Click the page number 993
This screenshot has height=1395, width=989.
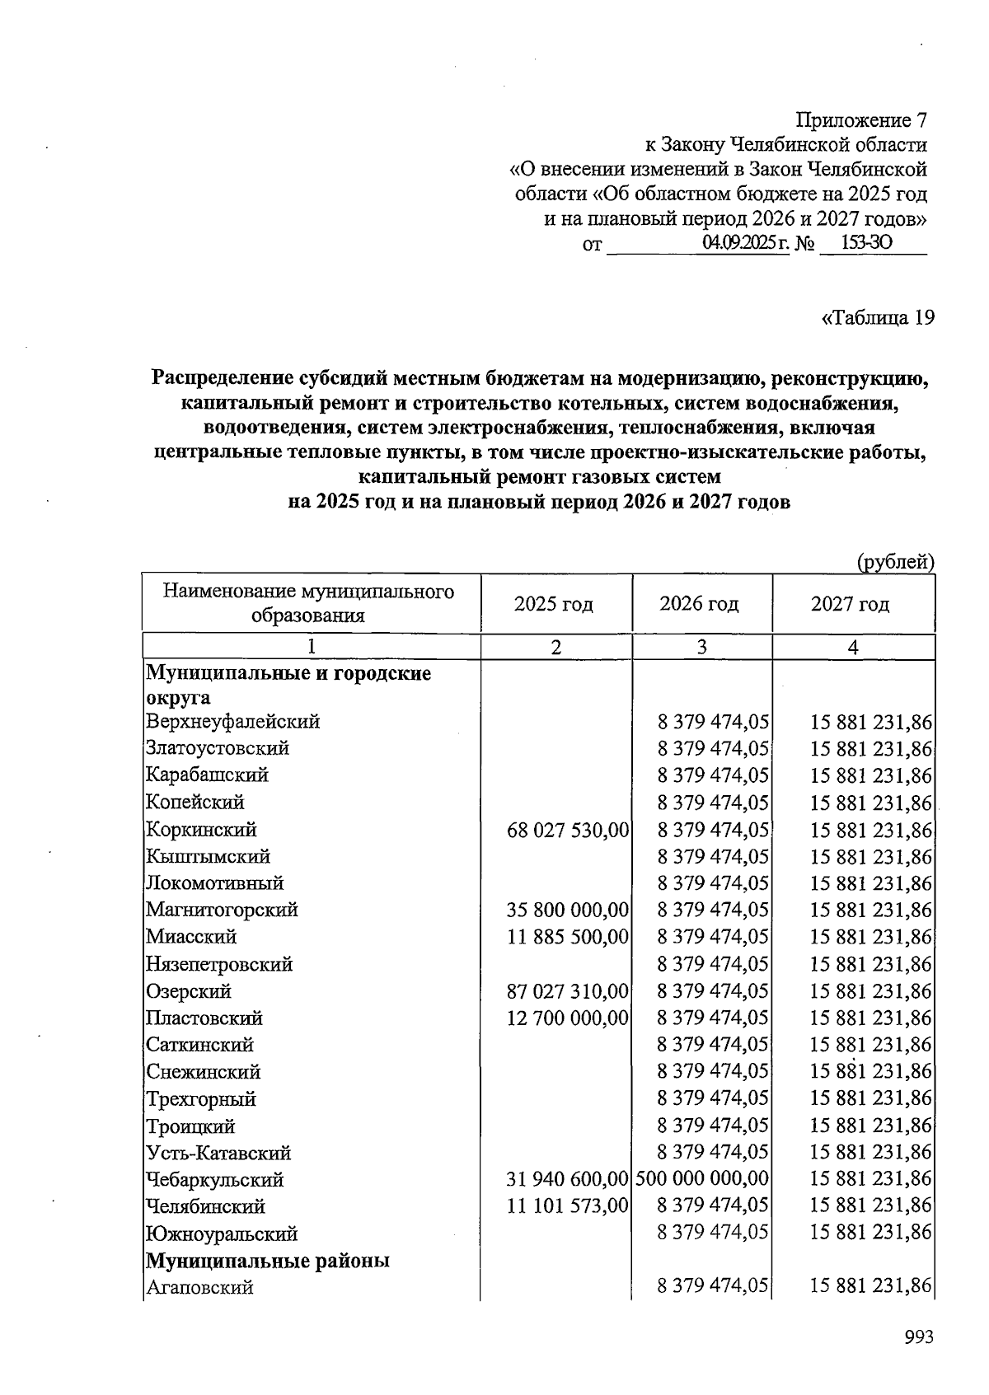918,1336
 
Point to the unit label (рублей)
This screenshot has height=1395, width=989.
896,562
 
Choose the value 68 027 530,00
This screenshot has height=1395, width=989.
569,830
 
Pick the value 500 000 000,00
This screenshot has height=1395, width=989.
702,1179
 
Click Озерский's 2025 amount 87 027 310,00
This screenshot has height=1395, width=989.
569,991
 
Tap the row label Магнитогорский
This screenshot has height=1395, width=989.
222,910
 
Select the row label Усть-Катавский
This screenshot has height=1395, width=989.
218,1153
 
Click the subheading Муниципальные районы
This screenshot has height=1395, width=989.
268,1261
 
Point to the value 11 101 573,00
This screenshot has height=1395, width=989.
569,1206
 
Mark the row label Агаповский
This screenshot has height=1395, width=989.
199,1287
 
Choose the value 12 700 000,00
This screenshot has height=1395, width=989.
569,1018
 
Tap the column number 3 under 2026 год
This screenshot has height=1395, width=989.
701,648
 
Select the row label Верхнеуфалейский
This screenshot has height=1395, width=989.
232,722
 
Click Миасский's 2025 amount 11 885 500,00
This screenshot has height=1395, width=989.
569,937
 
